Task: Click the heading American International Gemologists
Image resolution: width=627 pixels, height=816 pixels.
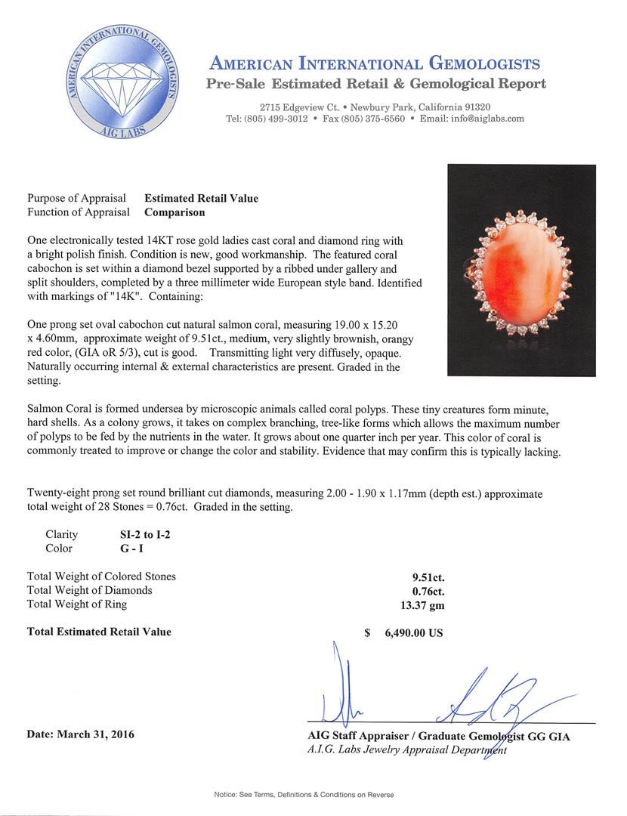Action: pyautogui.click(x=374, y=63)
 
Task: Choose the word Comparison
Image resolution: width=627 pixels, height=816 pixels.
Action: pyautogui.click(x=175, y=212)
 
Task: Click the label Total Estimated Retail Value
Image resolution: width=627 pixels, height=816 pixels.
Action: pyautogui.click(x=99, y=632)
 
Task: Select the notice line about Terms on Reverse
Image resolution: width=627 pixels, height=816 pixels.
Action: pyautogui.click(x=304, y=794)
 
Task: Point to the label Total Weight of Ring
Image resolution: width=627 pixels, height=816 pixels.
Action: pyautogui.click(x=77, y=604)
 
